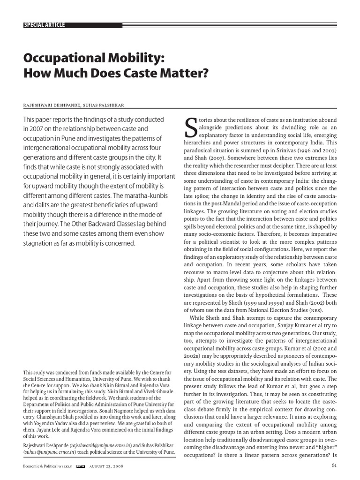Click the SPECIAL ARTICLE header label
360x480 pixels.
click(44, 25)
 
